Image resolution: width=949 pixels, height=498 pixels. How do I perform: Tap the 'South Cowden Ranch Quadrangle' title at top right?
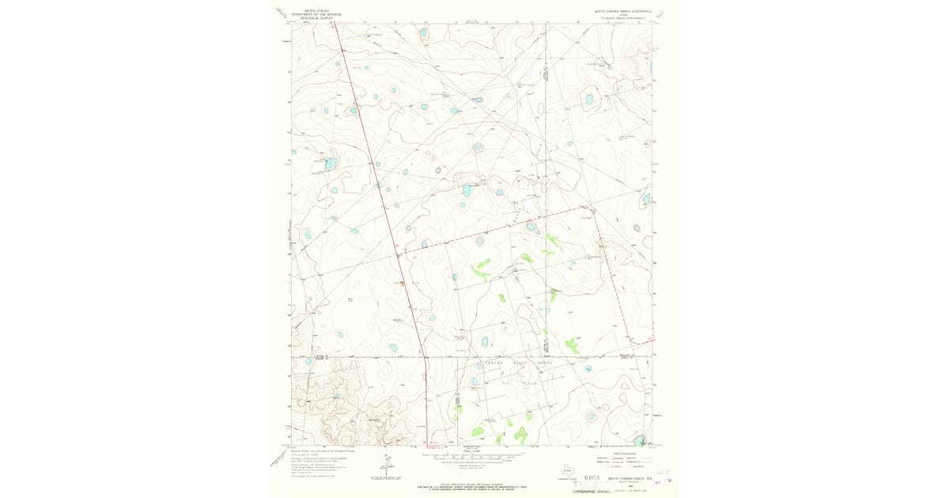[624, 11]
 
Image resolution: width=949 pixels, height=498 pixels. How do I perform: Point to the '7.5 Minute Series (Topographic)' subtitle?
[624, 18]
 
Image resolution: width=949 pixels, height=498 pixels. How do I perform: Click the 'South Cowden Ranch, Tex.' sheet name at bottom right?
[627, 478]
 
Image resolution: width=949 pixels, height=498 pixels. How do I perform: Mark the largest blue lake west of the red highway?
[331, 162]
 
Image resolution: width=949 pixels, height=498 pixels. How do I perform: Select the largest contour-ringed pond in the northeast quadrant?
[588, 100]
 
